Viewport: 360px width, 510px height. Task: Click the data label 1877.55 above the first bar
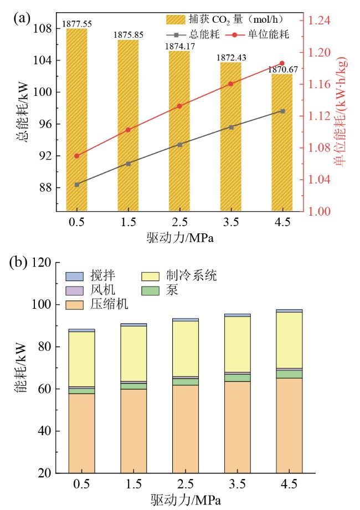77,24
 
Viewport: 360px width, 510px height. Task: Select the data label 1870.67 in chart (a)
282,69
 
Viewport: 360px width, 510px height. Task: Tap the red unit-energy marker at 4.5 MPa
282,63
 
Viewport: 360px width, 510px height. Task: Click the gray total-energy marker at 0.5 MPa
77,185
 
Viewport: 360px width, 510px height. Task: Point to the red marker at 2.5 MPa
179,106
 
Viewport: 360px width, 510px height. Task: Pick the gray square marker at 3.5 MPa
231,127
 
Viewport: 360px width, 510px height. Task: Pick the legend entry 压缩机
107,305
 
